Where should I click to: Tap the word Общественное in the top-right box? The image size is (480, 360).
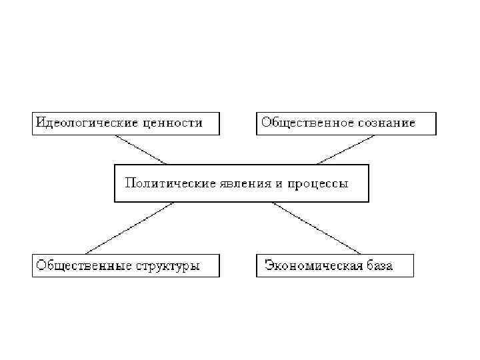[x=299, y=123]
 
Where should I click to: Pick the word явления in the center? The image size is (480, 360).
[x=242, y=183]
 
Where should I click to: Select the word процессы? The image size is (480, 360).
[x=317, y=183]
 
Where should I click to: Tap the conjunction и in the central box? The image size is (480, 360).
[x=277, y=183]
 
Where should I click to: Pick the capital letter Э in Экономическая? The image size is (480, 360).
[x=268, y=265]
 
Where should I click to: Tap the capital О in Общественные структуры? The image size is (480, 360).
[x=41, y=265]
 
